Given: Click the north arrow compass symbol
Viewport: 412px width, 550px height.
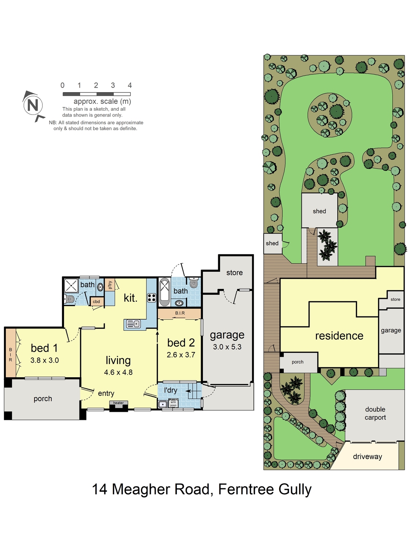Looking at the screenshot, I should click(x=33, y=105).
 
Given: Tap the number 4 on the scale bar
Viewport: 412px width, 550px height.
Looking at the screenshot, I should click(x=130, y=85).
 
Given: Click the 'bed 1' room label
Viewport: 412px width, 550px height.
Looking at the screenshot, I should click(x=44, y=348).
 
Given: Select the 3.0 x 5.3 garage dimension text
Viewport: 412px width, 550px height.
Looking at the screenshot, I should click(x=227, y=347).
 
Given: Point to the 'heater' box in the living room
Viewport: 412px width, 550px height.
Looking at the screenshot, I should click(x=118, y=403).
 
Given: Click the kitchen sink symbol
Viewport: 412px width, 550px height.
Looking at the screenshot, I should click(x=133, y=324).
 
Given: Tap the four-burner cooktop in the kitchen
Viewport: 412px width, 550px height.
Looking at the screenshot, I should click(x=152, y=298).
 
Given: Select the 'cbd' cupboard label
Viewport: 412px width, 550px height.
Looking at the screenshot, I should click(x=97, y=301).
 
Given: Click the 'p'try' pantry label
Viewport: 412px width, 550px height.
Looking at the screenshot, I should click(x=110, y=285).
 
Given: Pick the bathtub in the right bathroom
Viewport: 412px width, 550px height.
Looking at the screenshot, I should click(x=165, y=292).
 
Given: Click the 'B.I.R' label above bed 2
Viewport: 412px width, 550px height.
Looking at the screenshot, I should click(x=180, y=313).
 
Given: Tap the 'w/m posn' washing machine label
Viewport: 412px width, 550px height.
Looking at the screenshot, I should click(x=173, y=404).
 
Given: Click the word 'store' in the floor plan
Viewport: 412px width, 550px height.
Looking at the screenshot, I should click(x=234, y=272).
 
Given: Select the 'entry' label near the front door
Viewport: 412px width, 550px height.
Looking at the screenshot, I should click(x=106, y=393).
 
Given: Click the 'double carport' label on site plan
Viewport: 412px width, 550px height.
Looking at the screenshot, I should click(x=375, y=413).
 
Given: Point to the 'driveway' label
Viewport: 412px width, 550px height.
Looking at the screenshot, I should click(x=367, y=456).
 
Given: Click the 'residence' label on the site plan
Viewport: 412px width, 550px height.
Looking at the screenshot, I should click(x=339, y=335).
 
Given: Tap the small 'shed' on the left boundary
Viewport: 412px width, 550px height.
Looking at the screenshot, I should click(x=272, y=243).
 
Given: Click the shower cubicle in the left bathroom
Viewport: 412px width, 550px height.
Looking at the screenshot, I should click(x=71, y=285).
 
